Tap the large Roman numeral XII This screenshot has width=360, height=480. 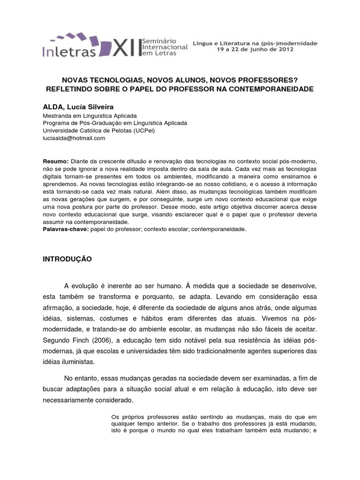point(125,47)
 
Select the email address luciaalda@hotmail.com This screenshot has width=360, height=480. point(74,138)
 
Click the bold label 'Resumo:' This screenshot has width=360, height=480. point(56,160)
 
